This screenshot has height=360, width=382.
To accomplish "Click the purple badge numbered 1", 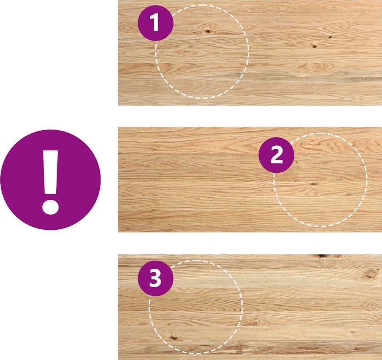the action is click(x=156, y=23).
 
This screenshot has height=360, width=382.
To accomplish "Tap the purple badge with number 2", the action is click(x=276, y=155).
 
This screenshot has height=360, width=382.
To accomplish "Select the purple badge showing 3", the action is click(x=156, y=278).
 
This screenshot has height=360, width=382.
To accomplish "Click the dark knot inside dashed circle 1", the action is click(x=208, y=31).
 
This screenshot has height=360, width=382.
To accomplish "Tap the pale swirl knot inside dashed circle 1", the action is click(x=186, y=52).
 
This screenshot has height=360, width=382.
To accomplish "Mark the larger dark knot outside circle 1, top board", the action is click(x=315, y=46).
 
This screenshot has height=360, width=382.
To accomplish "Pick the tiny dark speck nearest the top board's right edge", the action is click(x=331, y=37).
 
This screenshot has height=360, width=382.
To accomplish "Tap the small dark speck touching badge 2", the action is click(x=296, y=162).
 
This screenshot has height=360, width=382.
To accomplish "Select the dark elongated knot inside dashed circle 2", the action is click(x=313, y=184).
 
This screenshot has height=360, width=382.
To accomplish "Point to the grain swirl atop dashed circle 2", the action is click(x=305, y=143).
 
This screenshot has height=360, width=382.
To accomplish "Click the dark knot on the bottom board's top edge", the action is click(x=322, y=256).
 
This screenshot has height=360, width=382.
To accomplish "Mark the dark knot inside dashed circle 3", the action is click(x=173, y=338).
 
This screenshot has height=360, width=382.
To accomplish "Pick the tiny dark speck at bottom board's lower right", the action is click(x=352, y=332).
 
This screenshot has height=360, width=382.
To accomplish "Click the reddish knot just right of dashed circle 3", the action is click(x=252, y=323).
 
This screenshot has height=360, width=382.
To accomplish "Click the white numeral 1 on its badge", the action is click(x=155, y=22).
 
